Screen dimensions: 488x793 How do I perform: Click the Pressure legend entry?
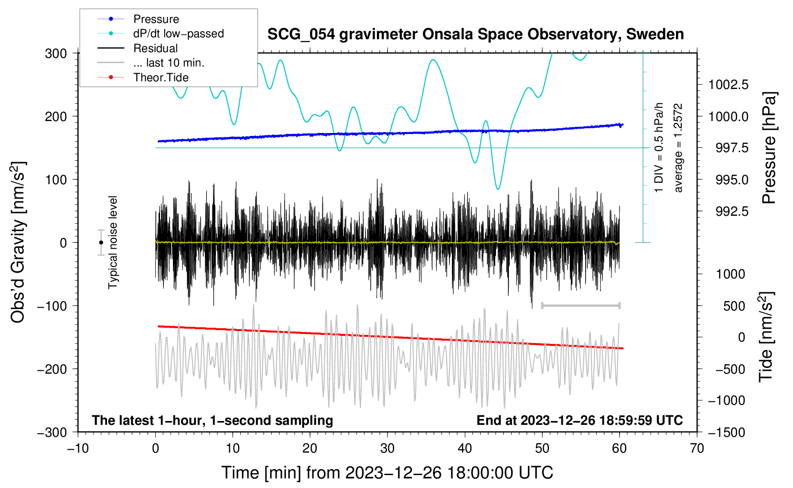tap(156, 19)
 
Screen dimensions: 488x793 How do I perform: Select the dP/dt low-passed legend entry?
tap(178, 33)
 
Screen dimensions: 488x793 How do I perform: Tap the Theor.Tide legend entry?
tap(161, 78)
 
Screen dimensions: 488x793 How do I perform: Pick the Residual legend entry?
tap(155, 48)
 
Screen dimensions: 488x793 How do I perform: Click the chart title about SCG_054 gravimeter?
tap(475, 34)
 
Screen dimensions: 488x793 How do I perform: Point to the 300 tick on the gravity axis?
tap(56, 53)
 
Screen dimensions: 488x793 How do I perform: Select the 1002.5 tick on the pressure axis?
tap(728, 85)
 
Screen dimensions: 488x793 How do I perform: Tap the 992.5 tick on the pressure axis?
tap(732, 211)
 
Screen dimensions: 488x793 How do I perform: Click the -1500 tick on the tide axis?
tap(726, 432)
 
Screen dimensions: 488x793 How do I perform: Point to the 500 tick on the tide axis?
tap(734, 306)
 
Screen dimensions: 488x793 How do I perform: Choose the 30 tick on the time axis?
tap(387, 448)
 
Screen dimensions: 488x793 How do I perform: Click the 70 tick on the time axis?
tap(697, 448)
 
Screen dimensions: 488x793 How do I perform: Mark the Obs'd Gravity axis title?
tap(18, 242)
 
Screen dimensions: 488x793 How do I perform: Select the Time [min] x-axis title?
tap(387, 473)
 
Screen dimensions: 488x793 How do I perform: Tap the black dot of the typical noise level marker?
tap(101, 243)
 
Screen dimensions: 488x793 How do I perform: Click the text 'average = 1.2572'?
tap(678, 148)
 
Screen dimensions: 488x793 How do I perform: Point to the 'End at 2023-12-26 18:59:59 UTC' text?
tap(579, 420)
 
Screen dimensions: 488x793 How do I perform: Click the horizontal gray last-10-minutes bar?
tap(580, 305)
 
